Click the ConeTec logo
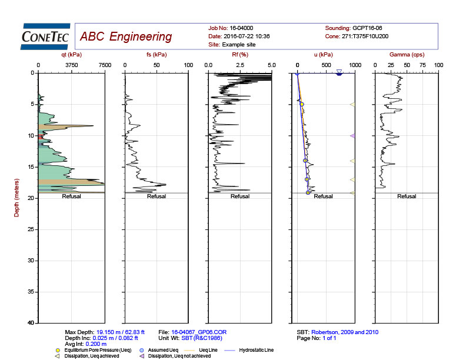click(45, 35)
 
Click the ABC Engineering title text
click(126, 37)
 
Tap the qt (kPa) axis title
click(71, 55)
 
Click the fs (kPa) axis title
click(155, 55)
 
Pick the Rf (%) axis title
click(239, 55)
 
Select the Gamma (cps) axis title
click(407, 55)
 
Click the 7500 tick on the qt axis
click(104, 65)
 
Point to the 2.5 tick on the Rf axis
click(239, 65)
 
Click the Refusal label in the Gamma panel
click(407, 196)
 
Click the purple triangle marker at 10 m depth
click(352, 136)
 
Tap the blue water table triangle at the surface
click(339, 72)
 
